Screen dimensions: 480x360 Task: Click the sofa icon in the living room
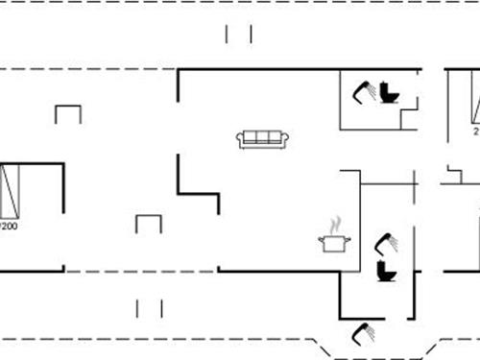(x=263, y=139)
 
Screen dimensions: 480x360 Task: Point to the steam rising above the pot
(x=334, y=226)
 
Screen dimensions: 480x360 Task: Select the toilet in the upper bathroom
(x=389, y=93)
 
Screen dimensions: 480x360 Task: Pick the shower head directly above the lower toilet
(x=385, y=242)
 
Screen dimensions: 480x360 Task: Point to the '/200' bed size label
(x=10, y=228)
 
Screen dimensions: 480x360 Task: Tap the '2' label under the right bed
(x=475, y=132)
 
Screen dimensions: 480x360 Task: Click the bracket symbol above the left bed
(x=68, y=114)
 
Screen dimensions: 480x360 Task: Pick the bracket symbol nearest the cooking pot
(x=149, y=224)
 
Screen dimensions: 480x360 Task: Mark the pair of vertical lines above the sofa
(x=238, y=35)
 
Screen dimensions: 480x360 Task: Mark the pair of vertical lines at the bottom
(x=149, y=308)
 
